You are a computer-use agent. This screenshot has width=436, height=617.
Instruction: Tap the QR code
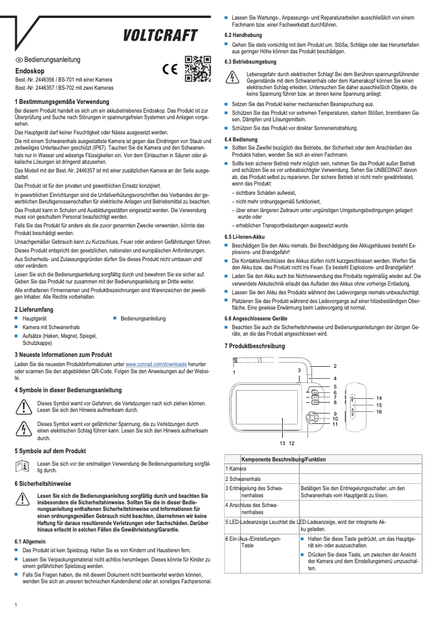tap(197, 69)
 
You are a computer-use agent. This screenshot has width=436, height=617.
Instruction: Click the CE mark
tap(170, 70)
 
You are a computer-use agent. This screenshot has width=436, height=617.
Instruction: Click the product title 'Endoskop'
tap(26, 71)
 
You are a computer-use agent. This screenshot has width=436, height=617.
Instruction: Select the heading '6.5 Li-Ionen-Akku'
tap(245, 237)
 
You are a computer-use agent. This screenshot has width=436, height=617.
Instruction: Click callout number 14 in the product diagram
tap(379, 398)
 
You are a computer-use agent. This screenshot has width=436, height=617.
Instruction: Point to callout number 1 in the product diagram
tap(234, 373)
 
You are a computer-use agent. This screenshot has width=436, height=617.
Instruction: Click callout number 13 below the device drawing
tap(282, 444)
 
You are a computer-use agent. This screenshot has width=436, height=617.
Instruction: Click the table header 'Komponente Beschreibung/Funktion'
tap(283, 459)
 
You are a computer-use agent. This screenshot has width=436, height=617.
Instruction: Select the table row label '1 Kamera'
tap(236, 468)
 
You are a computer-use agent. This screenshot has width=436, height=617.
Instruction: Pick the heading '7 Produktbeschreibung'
tap(254, 346)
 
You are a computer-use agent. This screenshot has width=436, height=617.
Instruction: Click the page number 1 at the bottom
tap(16, 605)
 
